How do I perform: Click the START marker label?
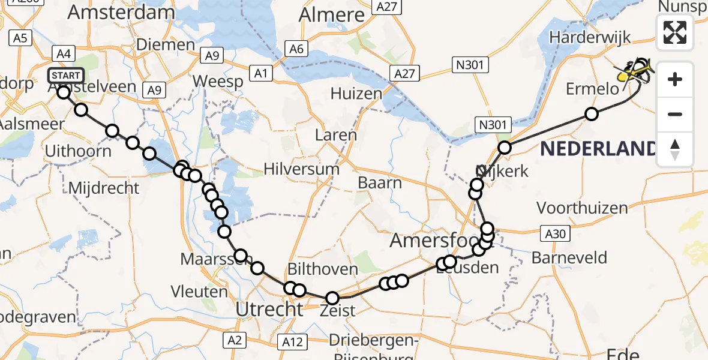[65, 76]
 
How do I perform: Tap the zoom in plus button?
[675, 79]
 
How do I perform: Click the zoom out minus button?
[675, 114]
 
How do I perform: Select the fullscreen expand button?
[675, 32]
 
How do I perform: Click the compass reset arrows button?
[675, 149]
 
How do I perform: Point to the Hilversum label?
[301, 169]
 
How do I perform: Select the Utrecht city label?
[269, 310]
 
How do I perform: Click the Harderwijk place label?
[590, 37]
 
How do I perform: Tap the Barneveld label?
[569, 258]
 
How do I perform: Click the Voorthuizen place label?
[582, 208]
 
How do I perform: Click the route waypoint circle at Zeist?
[332, 298]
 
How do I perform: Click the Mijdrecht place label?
[104, 188]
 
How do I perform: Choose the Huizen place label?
[356, 93]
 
